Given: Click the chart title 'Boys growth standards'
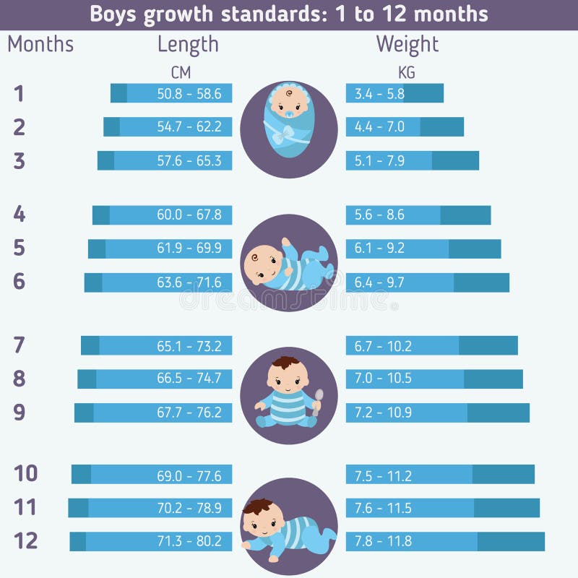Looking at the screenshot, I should click(x=288, y=14).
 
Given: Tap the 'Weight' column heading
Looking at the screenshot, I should click(x=407, y=45).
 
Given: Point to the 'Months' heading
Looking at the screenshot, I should click(x=40, y=45).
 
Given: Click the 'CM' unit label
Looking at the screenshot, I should click(x=181, y=72).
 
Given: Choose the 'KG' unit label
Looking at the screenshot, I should click(x=407, y=72).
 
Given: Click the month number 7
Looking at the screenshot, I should click(x=20, y=345).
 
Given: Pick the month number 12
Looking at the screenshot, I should click(x=26, y=540).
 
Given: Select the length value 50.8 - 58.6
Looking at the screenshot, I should click(x=189, y=93).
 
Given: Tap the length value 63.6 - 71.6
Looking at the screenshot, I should click(x=189, y=282).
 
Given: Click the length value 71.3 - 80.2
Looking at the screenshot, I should click(x=189, y=541).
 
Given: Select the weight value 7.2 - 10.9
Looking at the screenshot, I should click(x=383, y=413).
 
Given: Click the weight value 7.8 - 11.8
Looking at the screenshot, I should click(x=383, y=541).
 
